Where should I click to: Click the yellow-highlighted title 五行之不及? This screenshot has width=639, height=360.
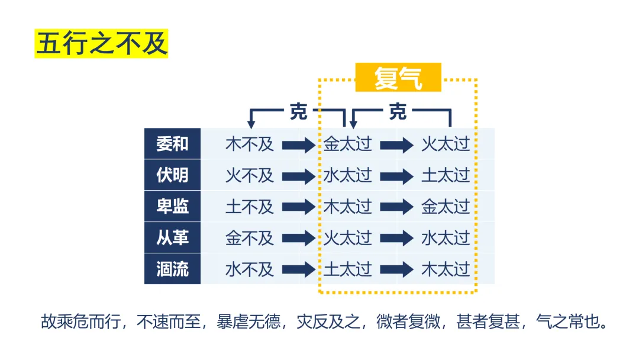(x=101, y=44)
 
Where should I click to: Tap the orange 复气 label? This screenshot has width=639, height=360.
(x=398, y=78)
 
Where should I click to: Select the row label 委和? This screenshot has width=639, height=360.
(x=172, y=144)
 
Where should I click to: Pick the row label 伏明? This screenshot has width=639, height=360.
(x=172, y=175)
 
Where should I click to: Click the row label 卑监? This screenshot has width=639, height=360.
(x=172, y=207)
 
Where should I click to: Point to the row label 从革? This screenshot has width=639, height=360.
(x=172, y=238)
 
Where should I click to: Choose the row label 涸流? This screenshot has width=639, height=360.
(x=172, y=269)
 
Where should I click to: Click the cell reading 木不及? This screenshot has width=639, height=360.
(x=249, y=144)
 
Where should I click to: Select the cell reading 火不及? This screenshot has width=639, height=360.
(x=249, y=175)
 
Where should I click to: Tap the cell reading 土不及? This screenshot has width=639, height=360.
(x=249, y=207)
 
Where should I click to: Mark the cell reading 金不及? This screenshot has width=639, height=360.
(x=249, y=238)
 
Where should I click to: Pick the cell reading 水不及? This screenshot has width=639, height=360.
(x=249, y=269)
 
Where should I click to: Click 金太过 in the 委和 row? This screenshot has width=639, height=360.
(x=347, y=144)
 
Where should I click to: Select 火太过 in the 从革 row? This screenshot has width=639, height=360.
(x=347, y=238)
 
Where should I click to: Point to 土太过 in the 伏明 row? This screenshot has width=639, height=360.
(x=446, y=175)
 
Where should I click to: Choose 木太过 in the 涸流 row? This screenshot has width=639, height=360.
(x=446, y=269)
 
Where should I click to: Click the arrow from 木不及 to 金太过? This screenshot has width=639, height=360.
(x=299, y=144)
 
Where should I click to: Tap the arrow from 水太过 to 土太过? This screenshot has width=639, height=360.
(x=396, y=176)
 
